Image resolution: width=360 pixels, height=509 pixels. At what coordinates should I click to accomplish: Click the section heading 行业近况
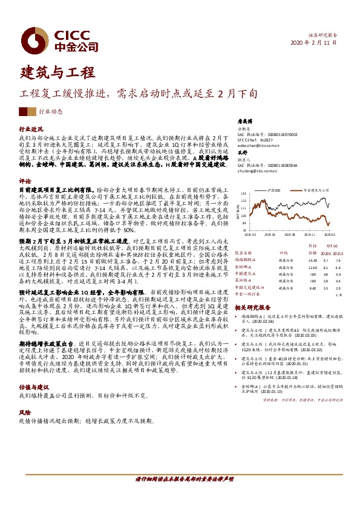pyautogui.click(x=31, y=129)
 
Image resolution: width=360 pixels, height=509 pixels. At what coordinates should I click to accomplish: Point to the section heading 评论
pyautogui.click(x=25, y=181)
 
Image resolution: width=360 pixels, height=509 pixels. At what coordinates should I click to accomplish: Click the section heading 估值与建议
pyautogui.click(x=34, y=369)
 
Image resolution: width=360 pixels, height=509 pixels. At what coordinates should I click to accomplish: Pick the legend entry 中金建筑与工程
pyautogui.click(x=315, y=190)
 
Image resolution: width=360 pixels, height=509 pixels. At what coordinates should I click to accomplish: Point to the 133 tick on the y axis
pyautogui.click(x=243, y=195)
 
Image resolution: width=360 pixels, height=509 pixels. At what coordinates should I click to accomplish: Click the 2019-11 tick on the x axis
pyautogui.click(x=309, y=234)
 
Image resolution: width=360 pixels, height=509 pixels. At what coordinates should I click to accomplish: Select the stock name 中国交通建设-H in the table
pyautogui.click(x=250, y=287)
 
